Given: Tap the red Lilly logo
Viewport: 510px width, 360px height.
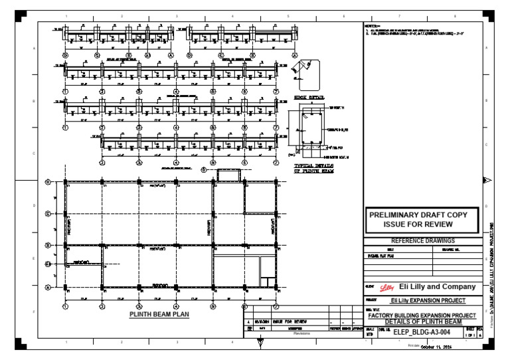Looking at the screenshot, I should tap(385, 288).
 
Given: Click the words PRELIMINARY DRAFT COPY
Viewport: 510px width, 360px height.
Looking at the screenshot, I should tap(418, 215).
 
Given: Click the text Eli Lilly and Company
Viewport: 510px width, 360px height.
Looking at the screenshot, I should tap(437, 287).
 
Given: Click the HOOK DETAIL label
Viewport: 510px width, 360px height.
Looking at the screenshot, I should tap(307, 97).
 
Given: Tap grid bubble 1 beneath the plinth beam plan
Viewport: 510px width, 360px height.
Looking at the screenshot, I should tap(65, 306).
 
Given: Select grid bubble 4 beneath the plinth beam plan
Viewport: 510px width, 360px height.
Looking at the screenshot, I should tap(175, 306).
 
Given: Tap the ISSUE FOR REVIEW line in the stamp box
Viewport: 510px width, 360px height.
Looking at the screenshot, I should tap(418, 225).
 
